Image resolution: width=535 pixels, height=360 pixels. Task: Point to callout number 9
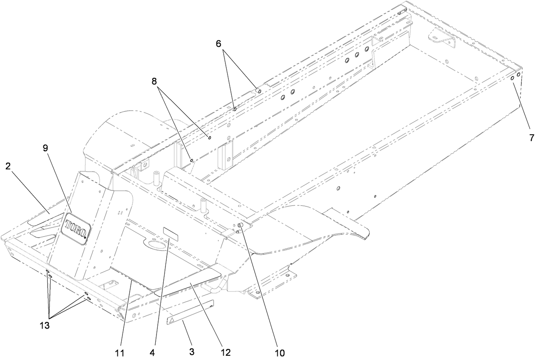coord(46,148)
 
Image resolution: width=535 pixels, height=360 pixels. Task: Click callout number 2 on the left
coord(8,166)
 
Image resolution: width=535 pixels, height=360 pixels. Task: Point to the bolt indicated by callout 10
coord(240,225)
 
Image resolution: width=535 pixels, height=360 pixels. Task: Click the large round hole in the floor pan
coord(156,247)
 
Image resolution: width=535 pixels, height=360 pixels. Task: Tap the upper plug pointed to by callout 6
coord(258,91)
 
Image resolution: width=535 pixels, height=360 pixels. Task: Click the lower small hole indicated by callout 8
coord(192,160)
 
